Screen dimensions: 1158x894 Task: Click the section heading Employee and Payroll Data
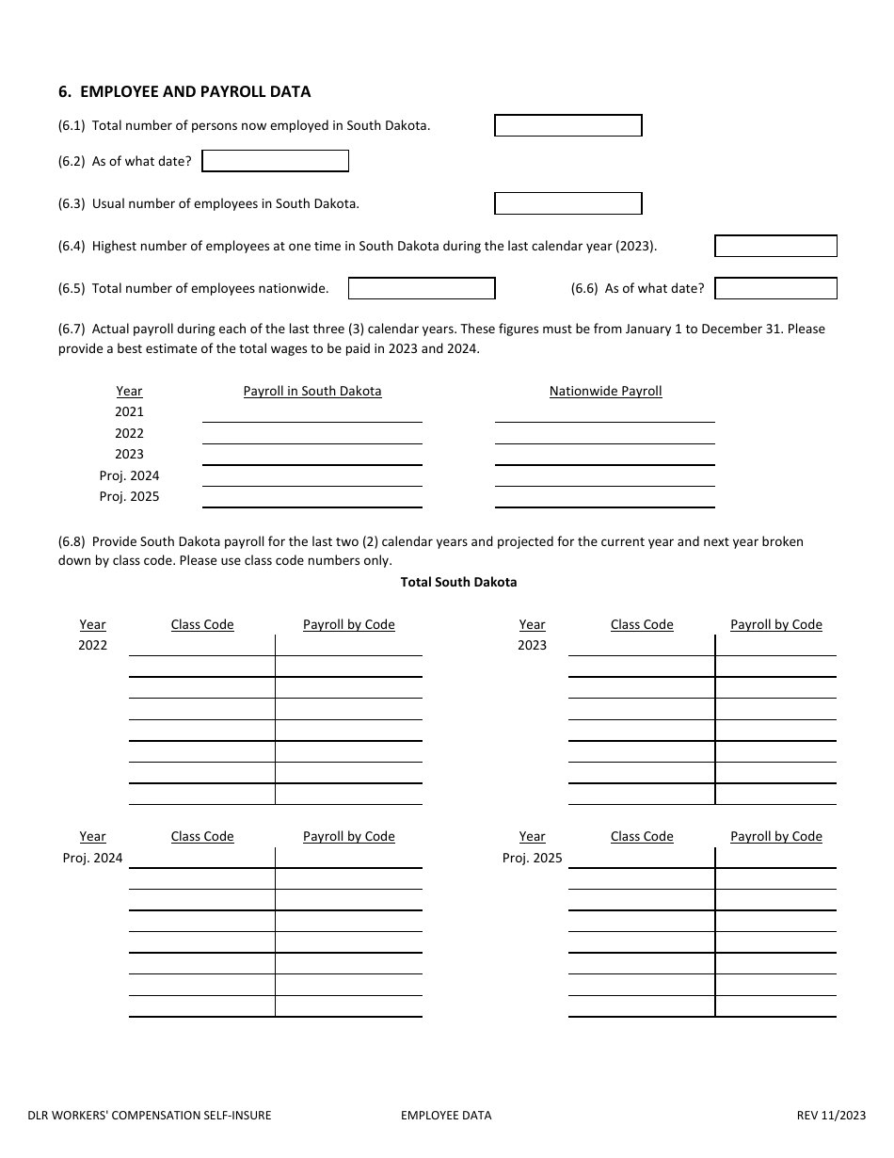[x=184, y=91]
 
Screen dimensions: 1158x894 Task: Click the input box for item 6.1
[x=568, y=125]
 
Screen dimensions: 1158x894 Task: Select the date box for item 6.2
[x=275, y=161]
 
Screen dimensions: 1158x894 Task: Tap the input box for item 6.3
[x=568, y=203]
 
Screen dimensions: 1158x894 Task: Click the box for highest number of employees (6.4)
[x=775, y=246]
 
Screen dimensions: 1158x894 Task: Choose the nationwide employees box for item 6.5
[x=422, y=288]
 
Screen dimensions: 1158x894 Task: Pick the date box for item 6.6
[x=775, y=288]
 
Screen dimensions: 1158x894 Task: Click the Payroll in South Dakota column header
[x=312, y=391]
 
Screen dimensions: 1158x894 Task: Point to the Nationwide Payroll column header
[x=605, y=391]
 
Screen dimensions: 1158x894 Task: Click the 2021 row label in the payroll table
[x=130, y=411]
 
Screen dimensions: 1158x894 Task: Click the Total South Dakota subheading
[x=458, y=582]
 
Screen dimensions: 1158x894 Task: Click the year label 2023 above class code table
[x=532, y=645]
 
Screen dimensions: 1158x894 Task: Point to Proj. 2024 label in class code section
[x=92, y=858]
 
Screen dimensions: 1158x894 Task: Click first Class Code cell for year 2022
[x=201, y=646]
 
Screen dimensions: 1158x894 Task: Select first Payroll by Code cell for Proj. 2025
[x=775, y=858]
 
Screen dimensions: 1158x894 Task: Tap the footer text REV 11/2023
[x=831, y=1116]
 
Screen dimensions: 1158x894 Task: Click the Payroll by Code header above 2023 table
[x=775, y=624]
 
